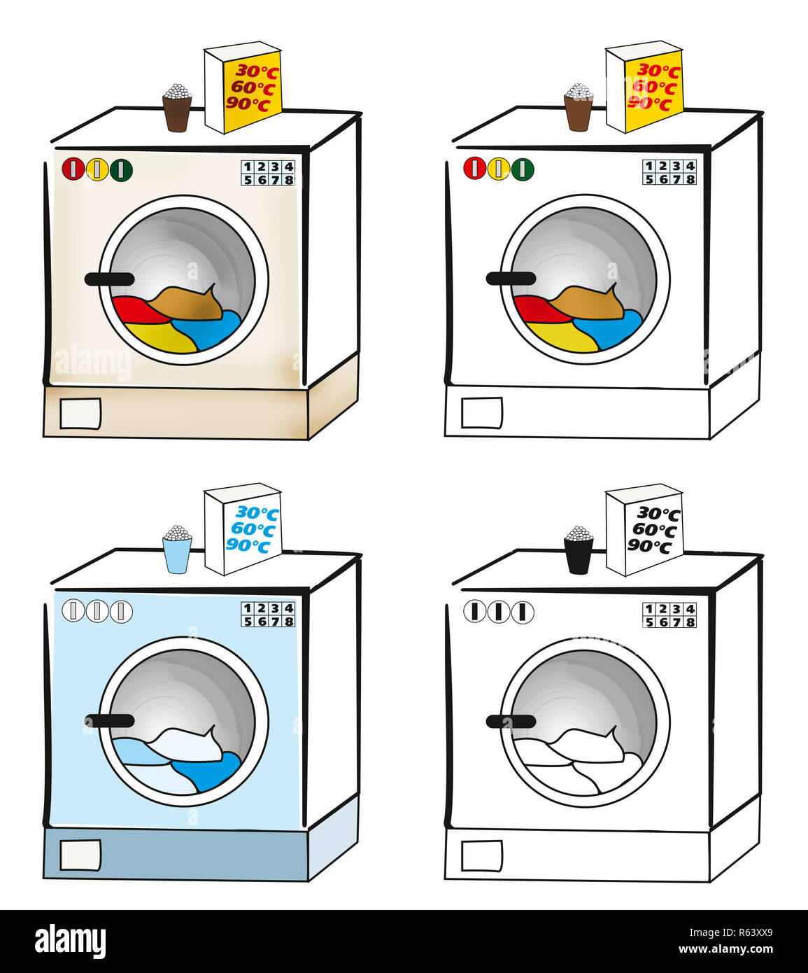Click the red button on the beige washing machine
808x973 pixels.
pos(73,169)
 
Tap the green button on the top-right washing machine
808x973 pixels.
pos(523,169)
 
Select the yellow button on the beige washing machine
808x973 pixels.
pos(97,169)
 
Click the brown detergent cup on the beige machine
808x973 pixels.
pos(177,113)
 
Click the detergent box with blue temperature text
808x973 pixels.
pos(242,528)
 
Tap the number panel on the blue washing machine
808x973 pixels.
pos(268,614)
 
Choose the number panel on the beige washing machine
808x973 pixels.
pos(268,172)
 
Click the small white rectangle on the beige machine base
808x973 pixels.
pos(80,413)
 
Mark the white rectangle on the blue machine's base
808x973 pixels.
pos(80,855)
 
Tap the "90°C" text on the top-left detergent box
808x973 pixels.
pos(248,104)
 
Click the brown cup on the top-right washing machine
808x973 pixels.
pos(579,113)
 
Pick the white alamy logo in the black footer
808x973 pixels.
pos(70,941)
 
